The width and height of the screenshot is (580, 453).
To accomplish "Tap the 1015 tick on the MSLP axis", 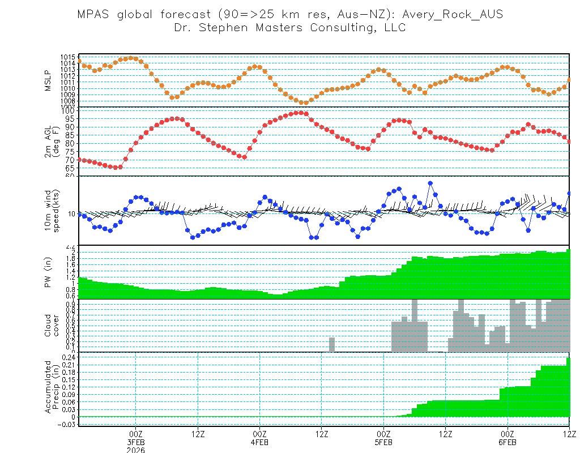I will pos(68,58).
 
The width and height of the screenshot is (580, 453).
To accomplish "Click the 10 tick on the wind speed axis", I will pos(71,213).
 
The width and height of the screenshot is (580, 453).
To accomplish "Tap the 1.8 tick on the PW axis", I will pos(70,259).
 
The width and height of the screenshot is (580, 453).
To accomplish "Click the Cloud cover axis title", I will pos(53,326).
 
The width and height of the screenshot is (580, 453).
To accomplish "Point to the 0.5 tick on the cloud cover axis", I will pos(70,326).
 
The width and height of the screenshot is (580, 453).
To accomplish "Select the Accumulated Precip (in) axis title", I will pos(53,386).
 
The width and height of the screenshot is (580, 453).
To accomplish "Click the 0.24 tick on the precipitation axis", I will pos(68,358).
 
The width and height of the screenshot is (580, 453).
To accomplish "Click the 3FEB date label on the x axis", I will pos(136,442).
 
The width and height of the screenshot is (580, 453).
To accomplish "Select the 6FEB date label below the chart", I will pos(507,442).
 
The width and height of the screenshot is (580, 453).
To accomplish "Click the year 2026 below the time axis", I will pos(136,450).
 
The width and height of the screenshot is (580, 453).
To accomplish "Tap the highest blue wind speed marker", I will pos(430,183).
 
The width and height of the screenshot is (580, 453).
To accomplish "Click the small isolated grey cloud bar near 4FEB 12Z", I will pos(332,344).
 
